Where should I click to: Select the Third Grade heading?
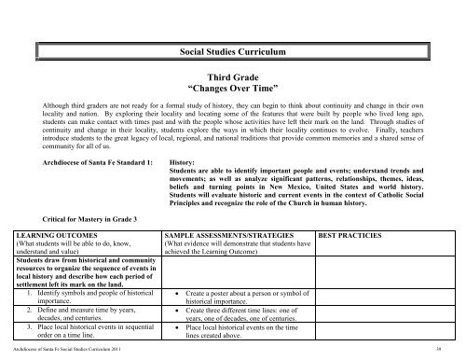point(232,83)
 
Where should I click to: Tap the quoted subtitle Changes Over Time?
point(232,97)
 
